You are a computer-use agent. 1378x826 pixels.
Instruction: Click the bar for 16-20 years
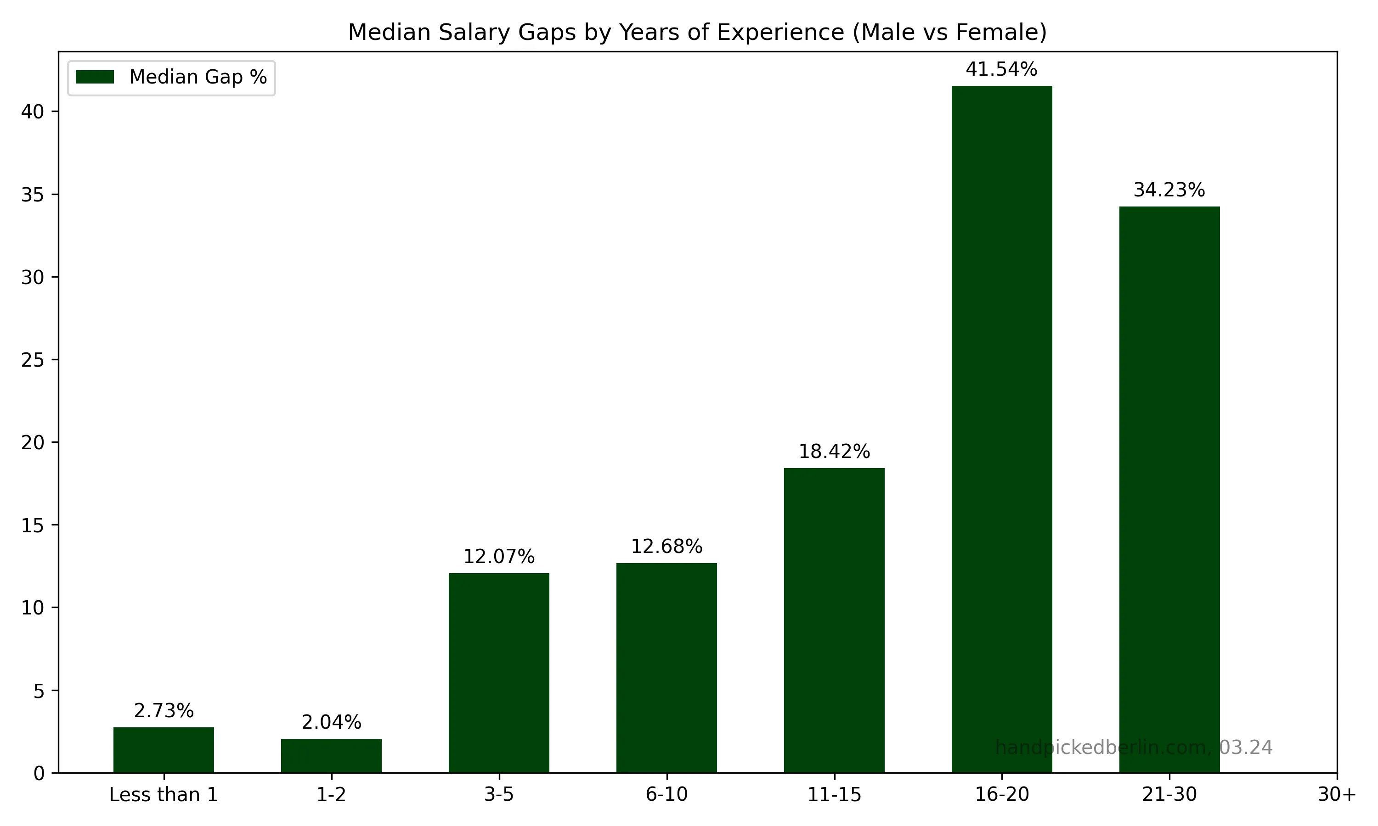1001,429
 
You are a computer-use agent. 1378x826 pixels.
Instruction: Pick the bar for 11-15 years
834,620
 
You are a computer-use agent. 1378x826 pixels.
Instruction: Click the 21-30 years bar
1169,489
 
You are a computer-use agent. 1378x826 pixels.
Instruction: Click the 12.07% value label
498,557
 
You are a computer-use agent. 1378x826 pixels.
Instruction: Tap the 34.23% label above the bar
1169,190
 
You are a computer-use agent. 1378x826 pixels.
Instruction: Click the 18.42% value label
834,452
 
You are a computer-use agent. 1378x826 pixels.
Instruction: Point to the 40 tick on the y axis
32,112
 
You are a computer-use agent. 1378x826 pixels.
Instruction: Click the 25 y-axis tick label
32,360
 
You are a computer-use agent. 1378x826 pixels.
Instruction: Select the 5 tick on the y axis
39,691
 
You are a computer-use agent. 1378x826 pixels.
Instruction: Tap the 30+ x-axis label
1336,795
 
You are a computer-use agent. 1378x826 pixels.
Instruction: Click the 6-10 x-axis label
666,795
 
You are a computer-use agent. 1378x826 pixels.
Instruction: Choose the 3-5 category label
498,795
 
